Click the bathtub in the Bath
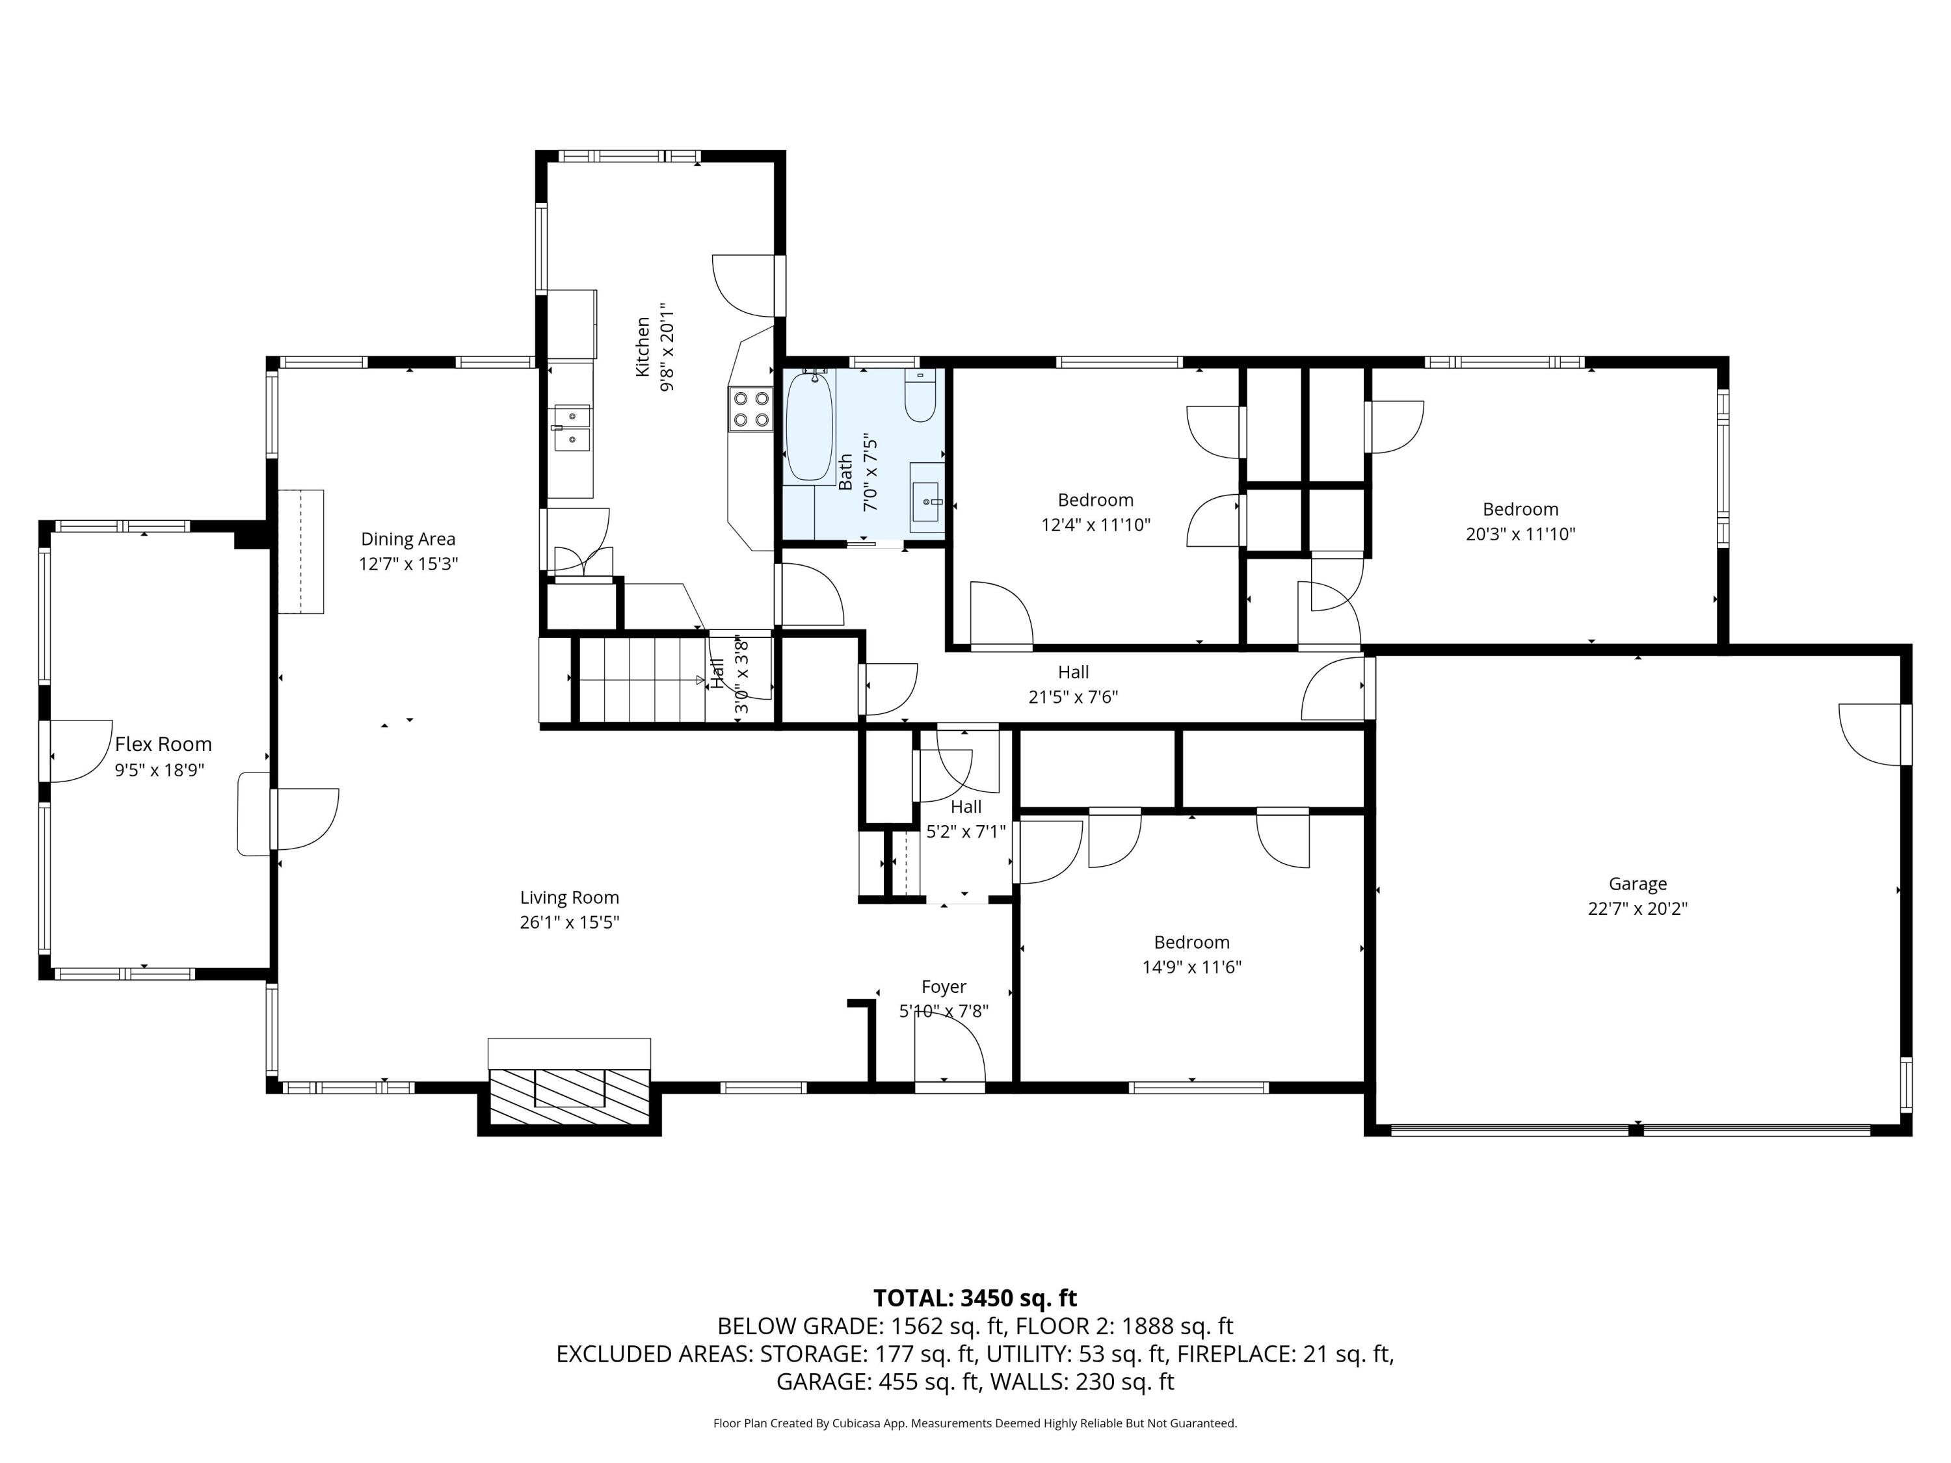(x=809, y=428)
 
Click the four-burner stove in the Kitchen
(x=750, y=409)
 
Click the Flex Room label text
(x=163, y=745)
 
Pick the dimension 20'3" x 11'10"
(x=1520, y=534)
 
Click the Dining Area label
(x=408, y=539)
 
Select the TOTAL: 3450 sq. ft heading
(x=975, y=1298)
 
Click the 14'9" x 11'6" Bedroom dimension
(x=1191, y=966)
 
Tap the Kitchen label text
(x=643, y=347)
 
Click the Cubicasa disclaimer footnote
(x=975, y=1423)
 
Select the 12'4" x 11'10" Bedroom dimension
(x=1095, y=525)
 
